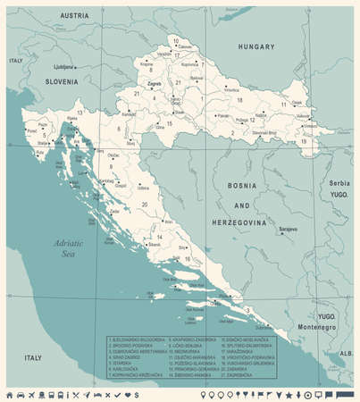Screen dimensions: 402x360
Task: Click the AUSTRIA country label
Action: point(74,16)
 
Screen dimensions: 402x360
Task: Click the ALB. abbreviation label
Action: point(346,353)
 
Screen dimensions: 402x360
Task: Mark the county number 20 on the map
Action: point(142,206)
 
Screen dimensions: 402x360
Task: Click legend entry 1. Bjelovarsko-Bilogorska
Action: point(135,340)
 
